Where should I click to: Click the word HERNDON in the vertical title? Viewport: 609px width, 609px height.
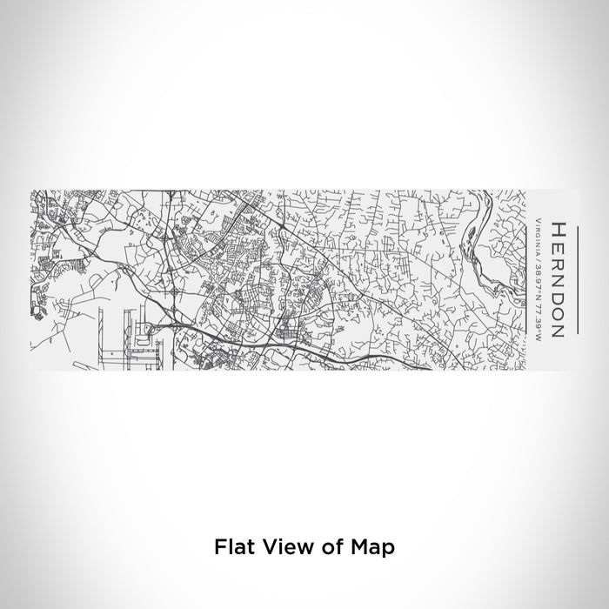click(x=558, y=278)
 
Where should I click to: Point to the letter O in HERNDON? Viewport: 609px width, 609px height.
click(x=558, y=312)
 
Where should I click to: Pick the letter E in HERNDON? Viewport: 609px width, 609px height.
click(x=558, y=244)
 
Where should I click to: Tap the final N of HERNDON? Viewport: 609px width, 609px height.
click(x=558, y=330)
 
